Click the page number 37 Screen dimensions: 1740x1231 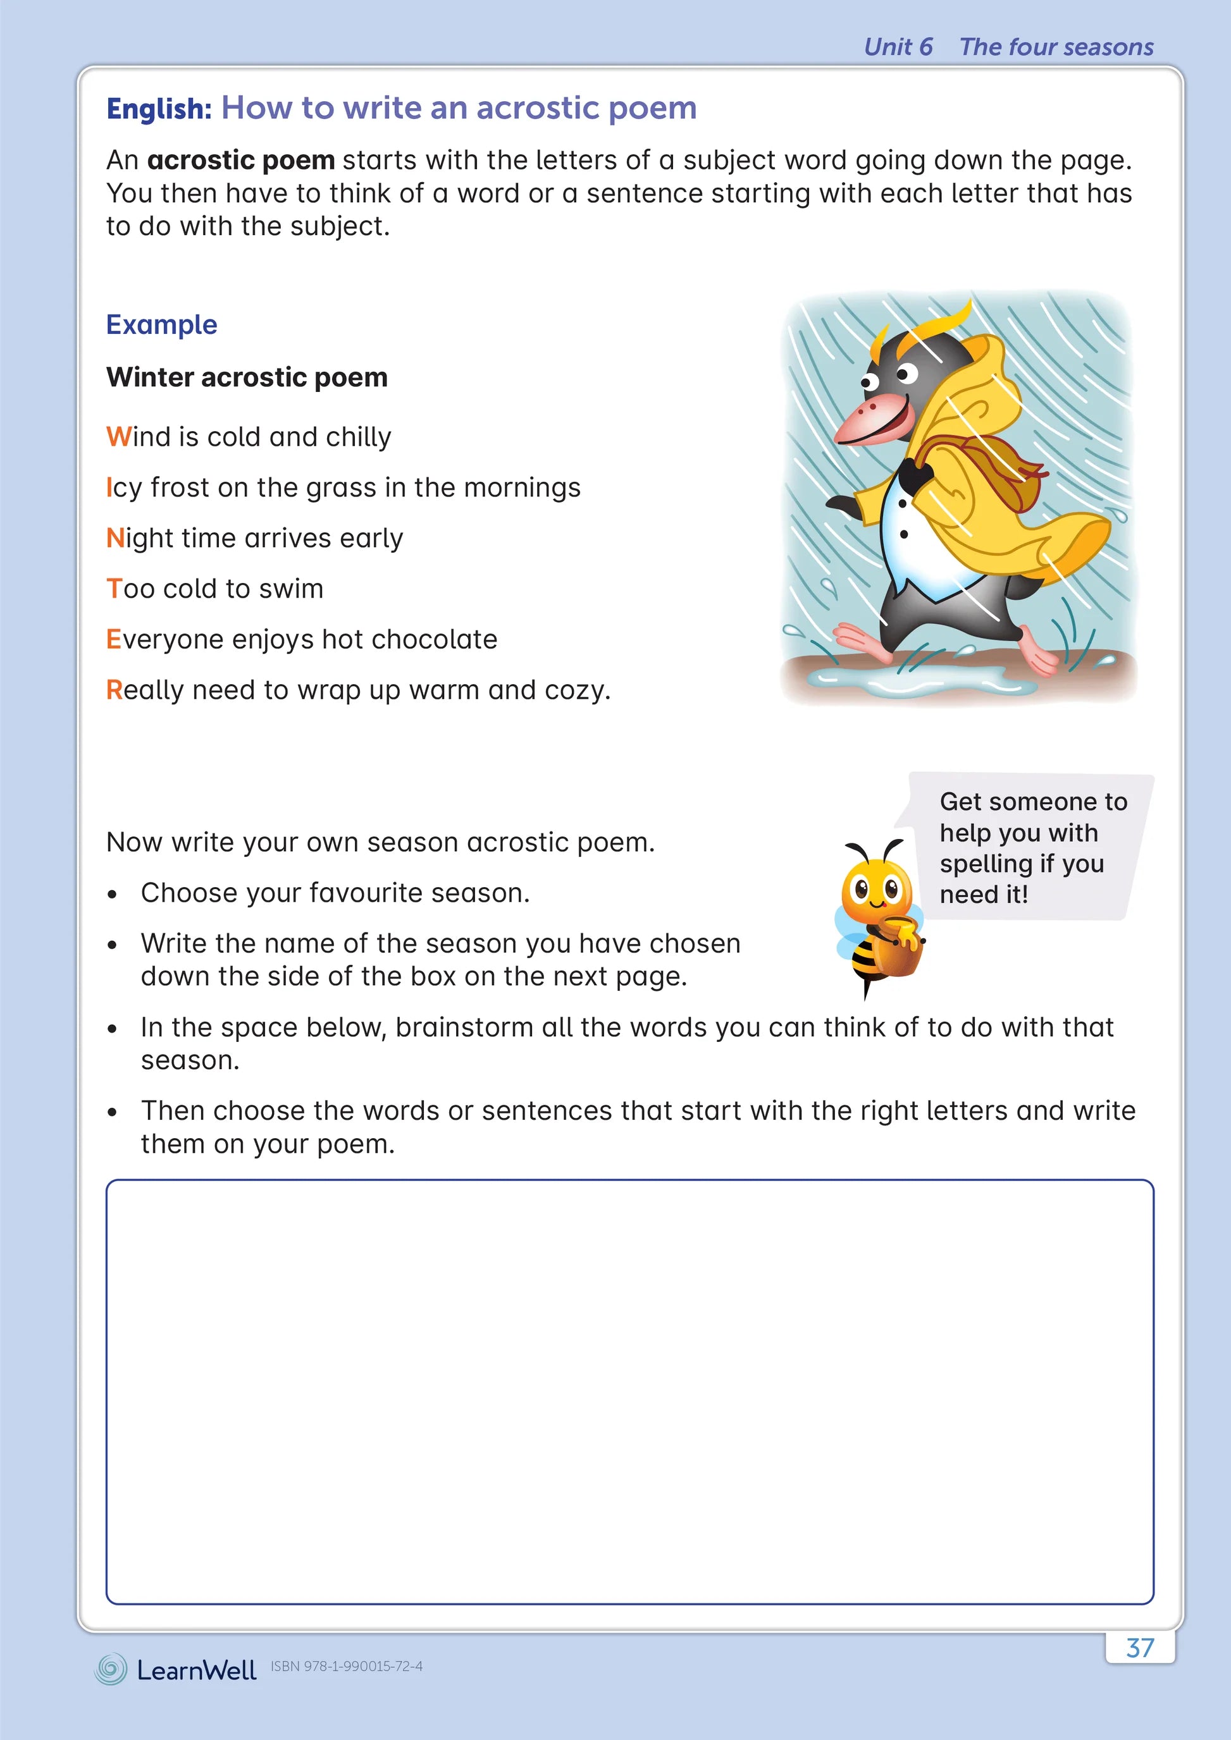pyautogui.click(x=1139, y=1648)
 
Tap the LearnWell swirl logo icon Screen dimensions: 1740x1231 pyautogui.click(x=111, y=1669)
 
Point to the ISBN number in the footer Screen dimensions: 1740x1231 pyautogui.click(x=347, y=1666)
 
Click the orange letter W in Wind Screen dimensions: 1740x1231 pyautogui.click(x=119, y=438)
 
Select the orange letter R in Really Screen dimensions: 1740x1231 pyautogui.click(x=114, y=690)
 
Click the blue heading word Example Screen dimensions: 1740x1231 pyautogui.click(x=161, y=324)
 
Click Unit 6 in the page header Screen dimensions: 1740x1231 pyautogui.click(x=898, y=47)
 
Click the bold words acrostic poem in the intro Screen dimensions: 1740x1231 pyautogui.click(x=241, y=161)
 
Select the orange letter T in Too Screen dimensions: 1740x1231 pyautogui.click(x=114, y=589)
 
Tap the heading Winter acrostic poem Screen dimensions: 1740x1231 pyautogui.click(x=247, y=377)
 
